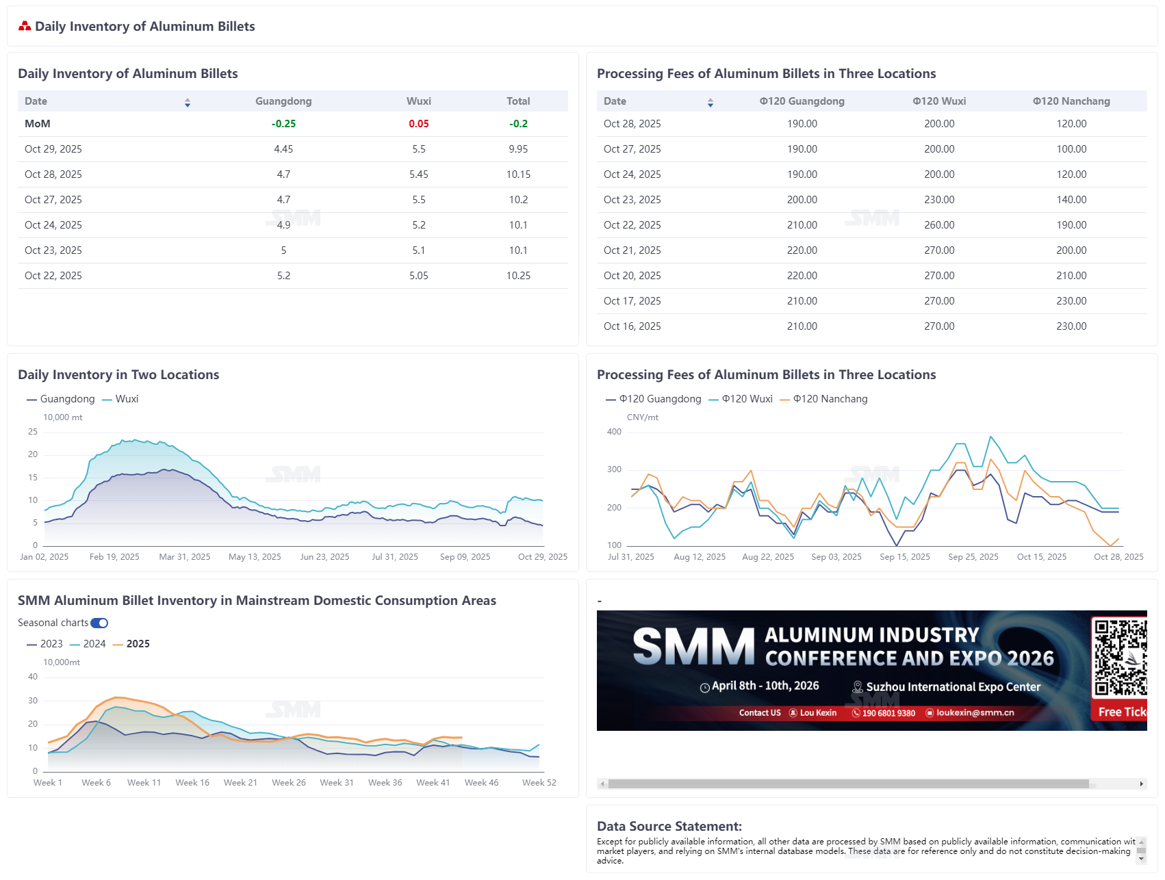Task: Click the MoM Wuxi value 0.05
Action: click(x=418, y=124)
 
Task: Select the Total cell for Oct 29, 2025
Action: click(x=518, y=149)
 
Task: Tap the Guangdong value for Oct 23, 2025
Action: click(x=283, y=250)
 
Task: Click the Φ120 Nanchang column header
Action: click(x=1071, y=101)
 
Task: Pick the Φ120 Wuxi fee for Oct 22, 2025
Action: click(x=938, y=225)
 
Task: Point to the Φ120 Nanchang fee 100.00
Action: click(x=1071, y=149)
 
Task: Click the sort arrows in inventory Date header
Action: click(x=188, y=102)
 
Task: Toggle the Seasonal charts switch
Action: click(x=99, y=623)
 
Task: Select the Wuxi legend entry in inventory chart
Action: click(x=120, y=399)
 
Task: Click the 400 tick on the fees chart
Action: click(x=614, y=432)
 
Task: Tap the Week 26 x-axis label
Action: click(x=288, y=783)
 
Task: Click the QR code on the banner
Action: click(x=1120, y=657)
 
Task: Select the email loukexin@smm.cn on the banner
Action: click(x=975, y=713)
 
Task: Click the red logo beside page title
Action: click(x=25, y=26)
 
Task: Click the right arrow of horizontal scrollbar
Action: click(x=1141, y=784)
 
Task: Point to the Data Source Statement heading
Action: click(x=669, y=827)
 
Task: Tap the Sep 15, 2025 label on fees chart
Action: click(x=904, y=557)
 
